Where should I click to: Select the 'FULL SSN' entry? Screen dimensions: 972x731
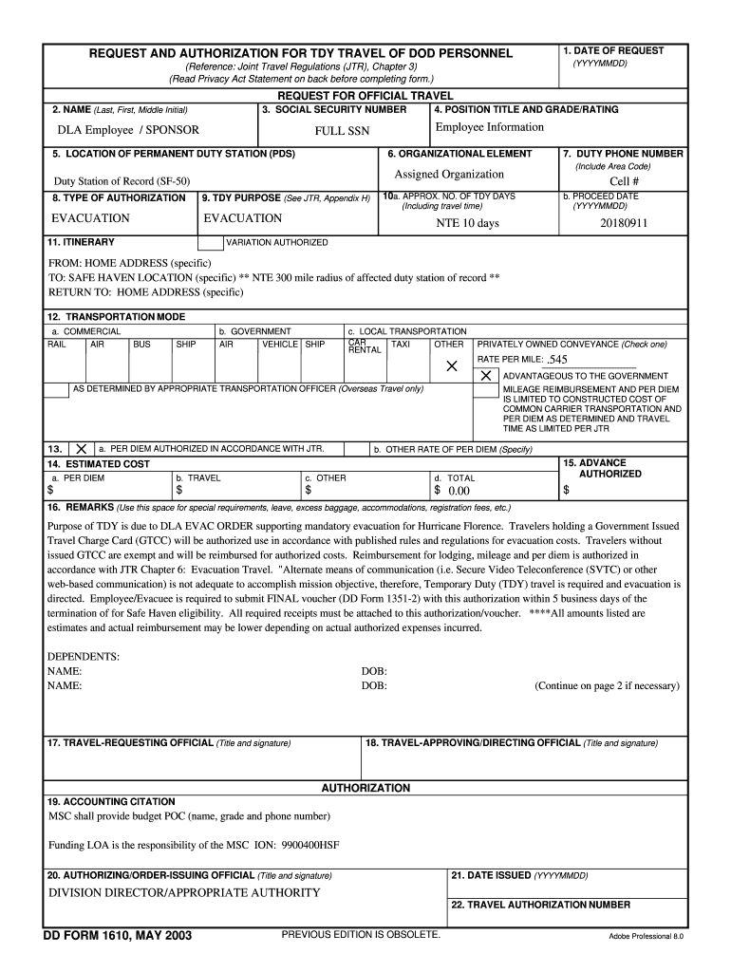click(x=343, y=131)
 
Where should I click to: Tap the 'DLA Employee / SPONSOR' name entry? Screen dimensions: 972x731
click(x=128, y=130)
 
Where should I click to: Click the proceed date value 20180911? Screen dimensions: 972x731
click(x=624, y=223)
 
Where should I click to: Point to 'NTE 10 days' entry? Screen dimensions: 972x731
click(x=467, y=223)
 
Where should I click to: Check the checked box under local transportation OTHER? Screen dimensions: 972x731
click(x=452, y=365)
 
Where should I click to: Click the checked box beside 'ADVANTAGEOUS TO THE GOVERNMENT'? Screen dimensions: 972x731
click(x=486, y=376)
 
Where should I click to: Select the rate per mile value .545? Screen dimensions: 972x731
click(x=557, y=360)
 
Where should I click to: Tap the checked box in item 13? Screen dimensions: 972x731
click(x=82, y=448)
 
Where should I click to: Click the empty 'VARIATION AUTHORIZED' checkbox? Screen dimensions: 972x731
click(x=210, y=243)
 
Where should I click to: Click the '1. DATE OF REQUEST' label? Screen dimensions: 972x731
click(x=612, y=50)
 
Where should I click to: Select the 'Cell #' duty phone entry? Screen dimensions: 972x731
click(x=624, y=181)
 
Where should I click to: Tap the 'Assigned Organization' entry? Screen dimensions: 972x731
click(x=449, y=174)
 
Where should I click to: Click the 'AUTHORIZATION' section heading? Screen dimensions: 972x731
click(x=365, y=788)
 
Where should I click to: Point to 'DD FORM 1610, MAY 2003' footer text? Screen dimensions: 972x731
click(x=118, y=936)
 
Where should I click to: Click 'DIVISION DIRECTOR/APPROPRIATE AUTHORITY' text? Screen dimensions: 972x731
click(x=184, y=892)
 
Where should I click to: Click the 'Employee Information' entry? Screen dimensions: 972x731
click(x=490, y=127)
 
